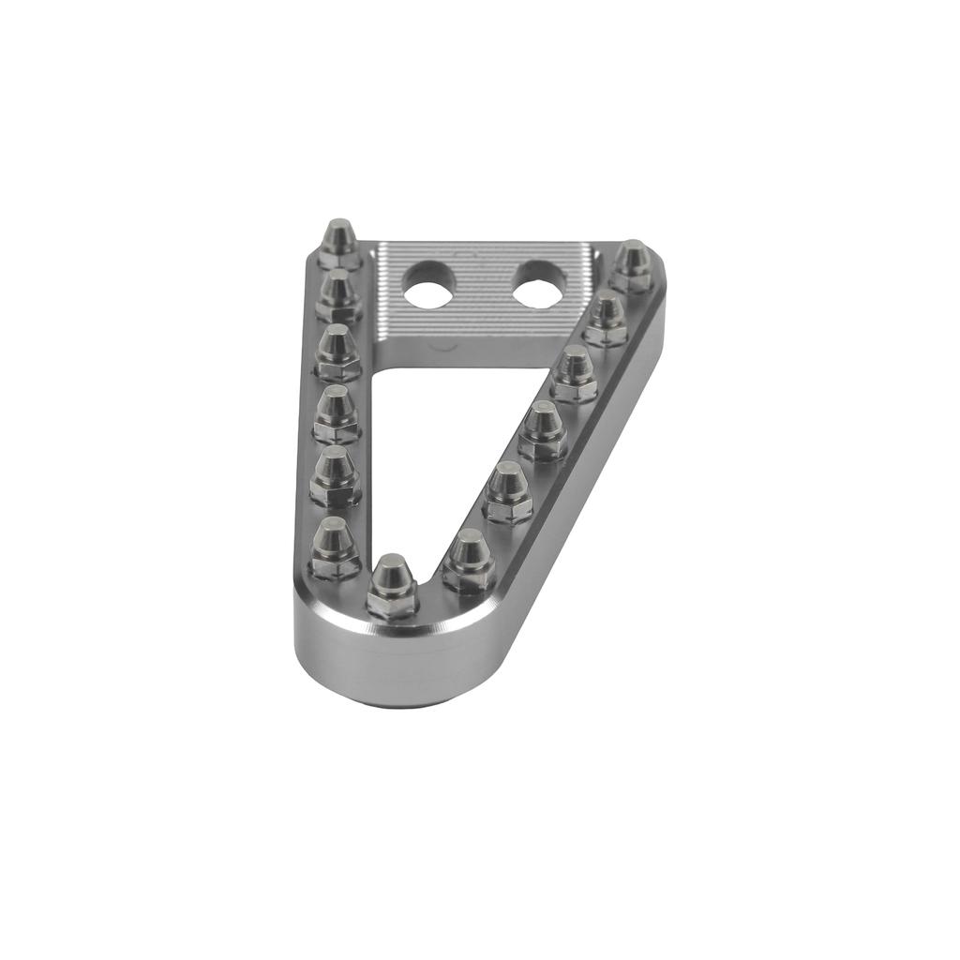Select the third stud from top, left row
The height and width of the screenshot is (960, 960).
[337, 351]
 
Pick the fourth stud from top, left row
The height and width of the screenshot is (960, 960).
[336, 413]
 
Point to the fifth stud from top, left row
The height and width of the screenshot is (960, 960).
[335, 474]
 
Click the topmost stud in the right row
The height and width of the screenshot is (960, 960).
[634, 264]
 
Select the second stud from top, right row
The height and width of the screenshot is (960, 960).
[607, 318]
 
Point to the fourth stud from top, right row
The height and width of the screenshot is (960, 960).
[543, 429]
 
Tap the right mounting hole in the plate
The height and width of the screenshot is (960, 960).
[538, 283]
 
